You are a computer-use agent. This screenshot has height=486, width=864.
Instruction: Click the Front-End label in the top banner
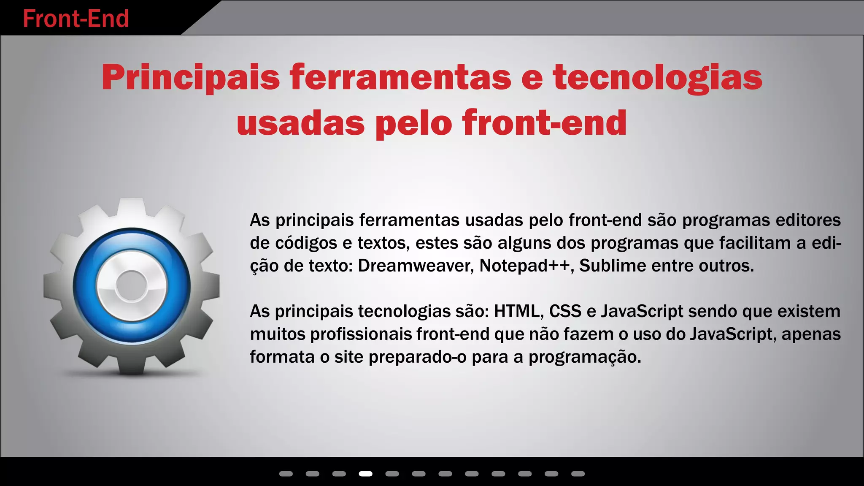pos(76,19)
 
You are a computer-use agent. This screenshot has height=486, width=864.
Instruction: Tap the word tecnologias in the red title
pos(658,78)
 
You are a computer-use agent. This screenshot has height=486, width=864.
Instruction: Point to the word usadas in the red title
pos(301,123)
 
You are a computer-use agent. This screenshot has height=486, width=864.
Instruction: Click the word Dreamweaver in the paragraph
pos(416,266)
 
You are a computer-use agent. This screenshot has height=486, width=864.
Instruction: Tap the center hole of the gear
pos(132,286)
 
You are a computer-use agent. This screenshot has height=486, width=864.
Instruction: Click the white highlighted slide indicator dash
pos(365,474)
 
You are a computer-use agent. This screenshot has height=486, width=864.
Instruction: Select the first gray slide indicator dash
pos(286,474)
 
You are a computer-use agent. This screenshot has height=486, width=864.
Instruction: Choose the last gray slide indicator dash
pos(578,474)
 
